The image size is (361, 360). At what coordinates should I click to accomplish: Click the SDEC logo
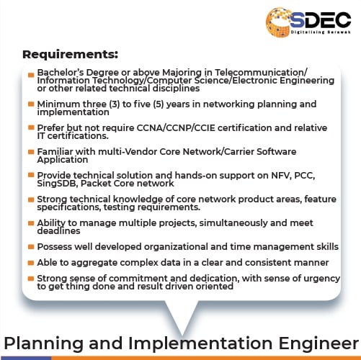tap(308, 22)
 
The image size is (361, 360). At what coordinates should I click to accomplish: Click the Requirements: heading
tap(70, 54)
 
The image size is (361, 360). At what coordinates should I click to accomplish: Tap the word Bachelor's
tap(61, 73)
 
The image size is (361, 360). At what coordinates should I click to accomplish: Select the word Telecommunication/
tap(261, 73)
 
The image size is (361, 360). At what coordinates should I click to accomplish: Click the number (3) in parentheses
tap(115, 104)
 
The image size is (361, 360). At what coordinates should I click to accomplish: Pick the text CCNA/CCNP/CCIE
tap(176, 127)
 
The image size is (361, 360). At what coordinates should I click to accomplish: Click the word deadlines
tap(58, 231)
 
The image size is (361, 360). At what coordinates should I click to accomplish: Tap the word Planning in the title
tap(44, 343)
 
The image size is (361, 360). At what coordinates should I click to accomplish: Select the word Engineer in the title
tap(318, 343)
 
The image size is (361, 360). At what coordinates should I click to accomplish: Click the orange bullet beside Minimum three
tap(31, 104)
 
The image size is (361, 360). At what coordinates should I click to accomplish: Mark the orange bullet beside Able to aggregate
tap(31, 263)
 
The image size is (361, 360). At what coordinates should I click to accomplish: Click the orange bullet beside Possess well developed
tap(31, 247)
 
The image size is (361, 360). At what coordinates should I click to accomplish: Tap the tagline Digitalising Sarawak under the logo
tap(321, 32)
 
